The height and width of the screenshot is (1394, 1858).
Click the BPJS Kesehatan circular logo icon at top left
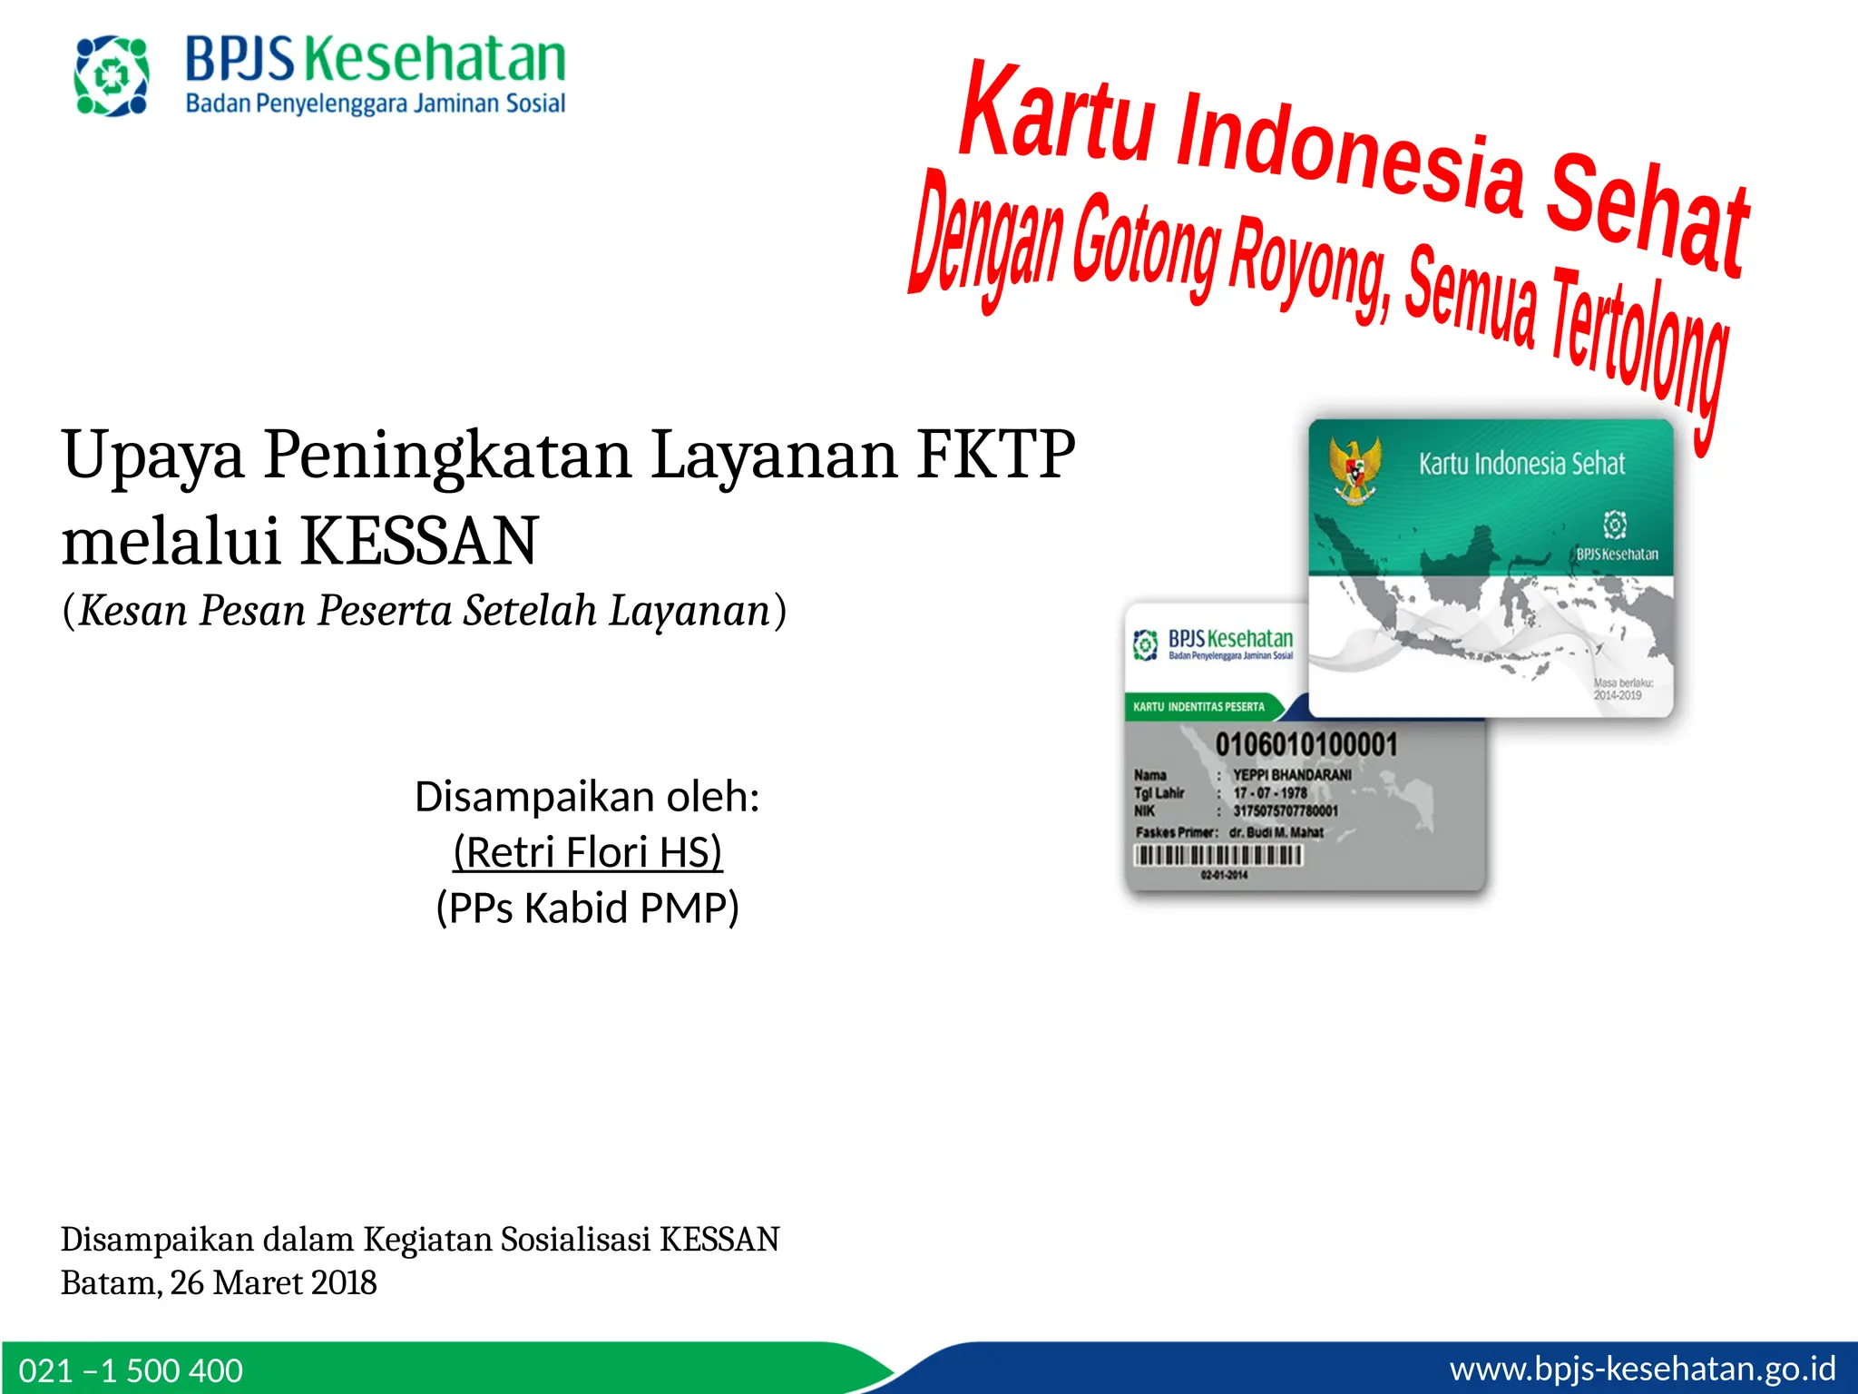(112, 76)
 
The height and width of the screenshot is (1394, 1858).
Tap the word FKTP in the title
(995, 454)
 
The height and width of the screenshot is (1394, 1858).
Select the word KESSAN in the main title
(419, 541)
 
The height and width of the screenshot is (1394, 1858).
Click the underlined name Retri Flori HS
(588, 852)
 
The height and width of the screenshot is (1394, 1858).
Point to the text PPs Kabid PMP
(588, 908)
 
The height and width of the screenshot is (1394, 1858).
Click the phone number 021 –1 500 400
(131, 1369)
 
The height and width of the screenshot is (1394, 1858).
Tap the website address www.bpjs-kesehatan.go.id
(1642, 1368)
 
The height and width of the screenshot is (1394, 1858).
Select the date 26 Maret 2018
(273, 1282)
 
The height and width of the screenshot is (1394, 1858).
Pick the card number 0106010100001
(1306, 745)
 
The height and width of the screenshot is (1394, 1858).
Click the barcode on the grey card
(1218, 855)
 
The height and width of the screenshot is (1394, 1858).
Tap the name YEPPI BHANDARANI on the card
(1292, 775)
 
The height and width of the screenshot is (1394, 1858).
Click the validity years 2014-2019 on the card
(1618, 695)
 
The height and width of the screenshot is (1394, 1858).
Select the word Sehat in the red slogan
(1647, 215)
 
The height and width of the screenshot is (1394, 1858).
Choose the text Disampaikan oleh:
(587, 796)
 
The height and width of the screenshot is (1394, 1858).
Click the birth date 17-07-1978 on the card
(1270, 793)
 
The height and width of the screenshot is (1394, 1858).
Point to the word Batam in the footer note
(110, 1282)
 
